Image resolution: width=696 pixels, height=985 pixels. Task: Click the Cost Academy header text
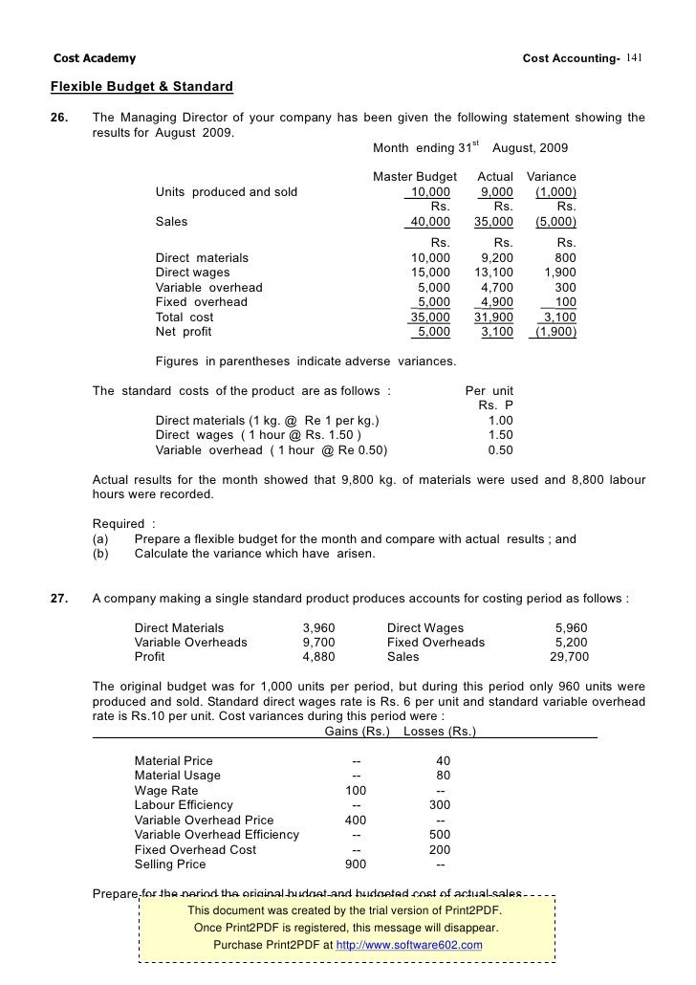(x=94, y=59)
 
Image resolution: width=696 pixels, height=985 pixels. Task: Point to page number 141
(x=638, y=59)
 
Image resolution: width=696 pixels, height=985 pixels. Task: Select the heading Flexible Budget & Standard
(x=141, y=88)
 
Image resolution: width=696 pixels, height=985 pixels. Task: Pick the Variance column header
(x=552, y=178)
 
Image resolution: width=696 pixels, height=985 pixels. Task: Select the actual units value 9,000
(x=494, y=192)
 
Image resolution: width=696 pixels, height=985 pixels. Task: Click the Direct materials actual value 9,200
(x=494, y=258)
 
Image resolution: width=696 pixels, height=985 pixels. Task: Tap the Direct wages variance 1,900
(x=559, y=273)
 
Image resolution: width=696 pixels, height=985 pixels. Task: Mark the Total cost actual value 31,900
(x=493, y=317)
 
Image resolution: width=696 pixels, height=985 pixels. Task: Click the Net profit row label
(x=184, y=332)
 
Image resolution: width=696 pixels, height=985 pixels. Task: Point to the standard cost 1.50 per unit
(x=500, y=435)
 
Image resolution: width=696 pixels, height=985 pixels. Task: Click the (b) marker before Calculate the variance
(x=100, y=554)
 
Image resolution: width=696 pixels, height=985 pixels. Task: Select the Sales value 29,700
(x=569, y=657)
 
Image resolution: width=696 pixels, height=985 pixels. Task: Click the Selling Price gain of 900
(x=356, y=865)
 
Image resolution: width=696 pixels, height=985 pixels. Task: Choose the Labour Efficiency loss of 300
(x=440, y=805)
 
